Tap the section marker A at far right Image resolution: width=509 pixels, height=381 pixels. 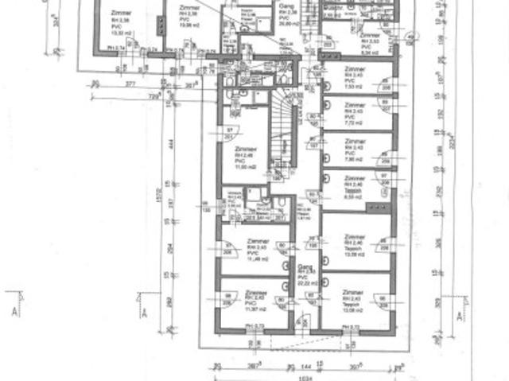tap(461, 316)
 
